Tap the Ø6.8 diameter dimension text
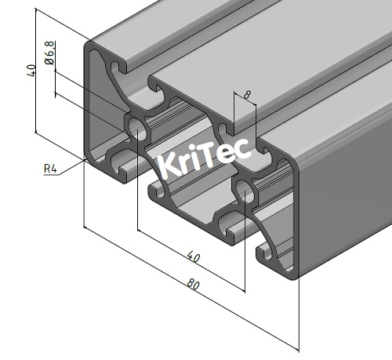tap(49, 53)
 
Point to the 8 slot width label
tap(248, 95)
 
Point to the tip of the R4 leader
tap(87, 158)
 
